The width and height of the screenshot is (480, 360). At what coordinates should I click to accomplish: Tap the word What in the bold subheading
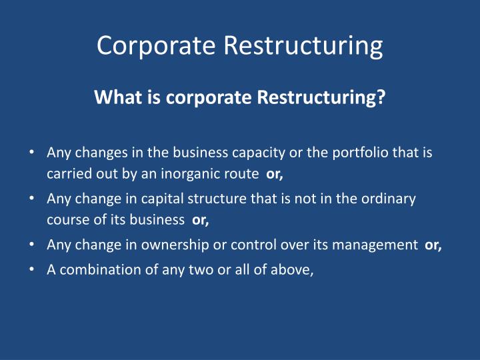[115, 98]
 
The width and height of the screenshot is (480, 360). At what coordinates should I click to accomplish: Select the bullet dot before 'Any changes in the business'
[32, 153]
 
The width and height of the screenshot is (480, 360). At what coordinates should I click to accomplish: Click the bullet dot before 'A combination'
[32, 269]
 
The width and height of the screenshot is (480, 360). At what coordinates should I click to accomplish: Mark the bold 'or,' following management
[433, 245]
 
